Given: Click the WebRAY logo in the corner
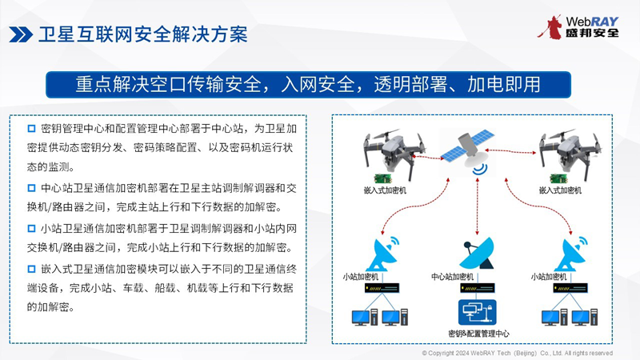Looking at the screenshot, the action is pyautogui.click(x=578, y=27).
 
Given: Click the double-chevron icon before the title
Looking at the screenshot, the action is pyautogui.click(x=21, y=34).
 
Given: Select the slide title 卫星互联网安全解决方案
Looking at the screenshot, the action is pyautogui.click(x=143, y=34).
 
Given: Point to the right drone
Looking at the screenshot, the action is pyautogui.click(x=569, y=154).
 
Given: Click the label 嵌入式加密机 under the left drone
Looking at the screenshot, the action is pyautogui.click(x=385, y=190).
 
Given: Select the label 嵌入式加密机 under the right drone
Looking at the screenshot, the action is pyautogui.click(x=560, y=190).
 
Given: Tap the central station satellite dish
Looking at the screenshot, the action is pyautogui.click(x=477, y=253).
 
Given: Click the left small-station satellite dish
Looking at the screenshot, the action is pyautogui.click(x=384, y=254).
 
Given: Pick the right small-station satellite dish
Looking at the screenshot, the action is pyautogui.click(x=572, y=254).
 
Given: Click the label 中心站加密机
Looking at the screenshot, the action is pyautogui.click(x=452, y=277).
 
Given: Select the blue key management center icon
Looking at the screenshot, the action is pyautogui.click(x=477, y=312).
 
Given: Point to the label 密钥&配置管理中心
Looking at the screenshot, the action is pyautogui.click(x=478, y=334).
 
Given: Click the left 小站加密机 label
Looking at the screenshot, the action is pyautogui.click(x=361, y=277).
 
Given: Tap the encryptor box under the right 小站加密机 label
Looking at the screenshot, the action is pyautogui.click(x=570, y=288).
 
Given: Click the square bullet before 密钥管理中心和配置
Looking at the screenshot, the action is pyautogui.click(x=31, y=129).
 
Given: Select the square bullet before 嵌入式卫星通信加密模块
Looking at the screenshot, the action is pyautogui.click(x=31, y=269).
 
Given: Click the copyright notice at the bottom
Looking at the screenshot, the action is pyautogui.click(x=517, y=353).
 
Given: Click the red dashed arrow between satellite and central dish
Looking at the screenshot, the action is pyautogui.click(x=477, y=206).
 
